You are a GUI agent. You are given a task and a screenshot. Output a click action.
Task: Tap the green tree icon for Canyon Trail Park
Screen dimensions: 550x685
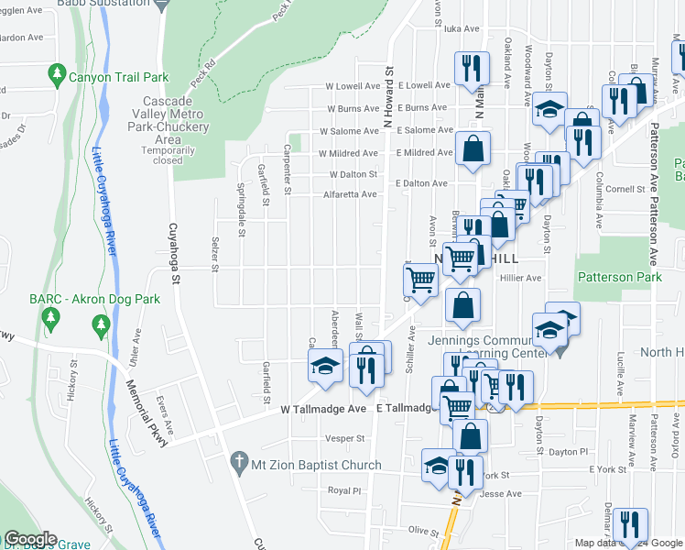(x=58, y=72)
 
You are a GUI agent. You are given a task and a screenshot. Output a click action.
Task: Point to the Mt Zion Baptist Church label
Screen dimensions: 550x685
(x=317, y=466)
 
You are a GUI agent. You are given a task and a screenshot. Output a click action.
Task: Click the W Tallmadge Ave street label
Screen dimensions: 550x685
(x=323, y=408)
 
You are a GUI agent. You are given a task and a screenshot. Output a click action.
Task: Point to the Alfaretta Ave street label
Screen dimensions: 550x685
(x=350, y=194)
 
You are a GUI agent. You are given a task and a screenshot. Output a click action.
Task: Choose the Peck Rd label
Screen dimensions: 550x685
(x=209, y=67)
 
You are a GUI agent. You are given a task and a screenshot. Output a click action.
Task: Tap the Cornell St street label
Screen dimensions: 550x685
(x=626, y=189)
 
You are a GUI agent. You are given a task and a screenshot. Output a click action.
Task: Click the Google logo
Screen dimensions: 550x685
(x=30, y=539)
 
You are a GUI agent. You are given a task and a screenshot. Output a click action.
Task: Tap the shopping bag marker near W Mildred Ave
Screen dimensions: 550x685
(x=473, y=149)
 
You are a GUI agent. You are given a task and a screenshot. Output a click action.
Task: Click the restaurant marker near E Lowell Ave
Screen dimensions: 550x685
(x=472, y=68)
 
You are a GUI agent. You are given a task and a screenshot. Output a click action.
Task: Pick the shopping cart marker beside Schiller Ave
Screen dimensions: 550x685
(x=420, y=279)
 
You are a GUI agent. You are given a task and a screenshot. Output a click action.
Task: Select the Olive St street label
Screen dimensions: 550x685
(x=424, y=530)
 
